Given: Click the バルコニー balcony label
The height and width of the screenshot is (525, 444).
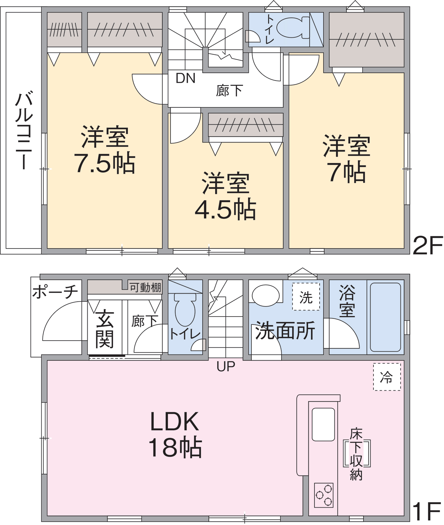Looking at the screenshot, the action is click(24, 131).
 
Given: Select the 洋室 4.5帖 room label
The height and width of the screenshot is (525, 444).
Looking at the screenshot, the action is click(226, 196).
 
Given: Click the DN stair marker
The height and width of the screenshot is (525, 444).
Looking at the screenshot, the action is click(186, 78).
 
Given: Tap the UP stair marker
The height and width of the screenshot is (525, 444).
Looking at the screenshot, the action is click(226, 366).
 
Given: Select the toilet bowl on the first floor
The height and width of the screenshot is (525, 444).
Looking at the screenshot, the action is click(185, 309).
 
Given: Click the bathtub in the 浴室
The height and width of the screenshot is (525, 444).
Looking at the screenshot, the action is click(385, 317).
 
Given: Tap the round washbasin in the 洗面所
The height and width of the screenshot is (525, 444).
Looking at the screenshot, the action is click(265, 295).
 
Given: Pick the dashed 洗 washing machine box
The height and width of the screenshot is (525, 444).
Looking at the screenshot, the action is click(306, 297).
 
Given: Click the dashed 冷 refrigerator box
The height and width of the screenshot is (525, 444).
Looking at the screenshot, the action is click(387, 377).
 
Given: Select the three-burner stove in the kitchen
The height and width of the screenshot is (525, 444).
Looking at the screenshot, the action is click(324, 495).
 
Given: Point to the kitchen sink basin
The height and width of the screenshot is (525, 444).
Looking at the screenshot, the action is click(323, 424).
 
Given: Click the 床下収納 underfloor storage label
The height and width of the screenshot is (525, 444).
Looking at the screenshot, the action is click(356, 454).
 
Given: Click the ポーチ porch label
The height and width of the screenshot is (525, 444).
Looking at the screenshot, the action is click(55, 292).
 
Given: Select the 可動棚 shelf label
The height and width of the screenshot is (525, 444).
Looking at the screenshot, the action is click(145, 287).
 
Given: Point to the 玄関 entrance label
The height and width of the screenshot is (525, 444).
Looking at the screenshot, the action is click(105, 329).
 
